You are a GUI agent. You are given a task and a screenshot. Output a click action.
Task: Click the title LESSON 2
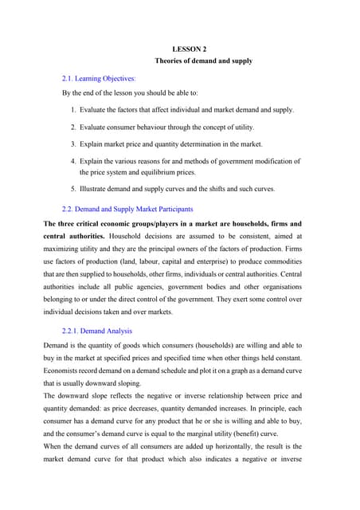(x=189, y=49)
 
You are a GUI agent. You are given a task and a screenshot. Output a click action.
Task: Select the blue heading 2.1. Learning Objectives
(x=99, y=79)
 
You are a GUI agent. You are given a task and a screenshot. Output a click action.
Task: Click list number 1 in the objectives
(x=72, y=109)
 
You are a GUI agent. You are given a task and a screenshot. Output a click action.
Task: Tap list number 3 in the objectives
(x=72, y=144)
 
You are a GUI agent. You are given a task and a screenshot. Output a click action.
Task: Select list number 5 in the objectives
(x=72, y=190)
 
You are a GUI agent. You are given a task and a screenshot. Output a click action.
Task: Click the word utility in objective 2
(x=242, y=127)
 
